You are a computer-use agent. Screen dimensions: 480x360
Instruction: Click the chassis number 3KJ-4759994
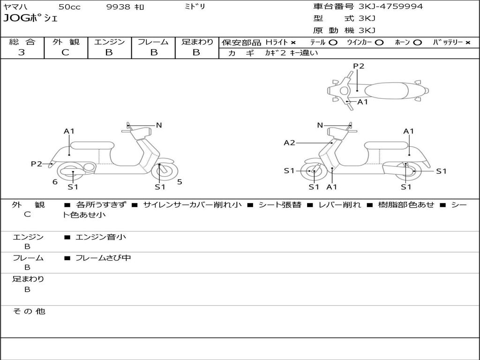point(390,7)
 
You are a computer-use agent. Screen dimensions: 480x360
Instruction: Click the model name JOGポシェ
point(30,18)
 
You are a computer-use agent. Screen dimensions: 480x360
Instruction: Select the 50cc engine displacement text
point(69,7)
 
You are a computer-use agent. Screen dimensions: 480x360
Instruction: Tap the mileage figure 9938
point(118,7)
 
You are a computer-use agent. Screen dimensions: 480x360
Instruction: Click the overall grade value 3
point(22,52)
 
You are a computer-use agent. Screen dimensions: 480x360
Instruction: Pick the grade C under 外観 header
point(65,52)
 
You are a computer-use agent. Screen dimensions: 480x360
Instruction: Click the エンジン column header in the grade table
point(109,42)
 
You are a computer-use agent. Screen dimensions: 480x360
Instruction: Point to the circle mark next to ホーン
point(417,43)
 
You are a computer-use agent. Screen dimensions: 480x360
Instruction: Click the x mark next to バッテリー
point(468,43)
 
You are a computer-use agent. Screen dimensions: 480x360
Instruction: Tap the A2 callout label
point(289,142)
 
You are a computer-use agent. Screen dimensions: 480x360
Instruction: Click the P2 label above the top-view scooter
point(359,66)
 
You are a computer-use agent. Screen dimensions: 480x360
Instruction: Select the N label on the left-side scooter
point(158,125)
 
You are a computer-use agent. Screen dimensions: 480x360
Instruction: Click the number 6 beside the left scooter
point(55,182)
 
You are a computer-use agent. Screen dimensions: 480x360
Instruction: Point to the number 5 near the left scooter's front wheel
point(180,182)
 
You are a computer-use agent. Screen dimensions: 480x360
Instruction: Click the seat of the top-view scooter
point(386,91)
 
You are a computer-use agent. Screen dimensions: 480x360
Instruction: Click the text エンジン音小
point(100,237)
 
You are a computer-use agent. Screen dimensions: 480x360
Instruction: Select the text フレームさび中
point(103,258)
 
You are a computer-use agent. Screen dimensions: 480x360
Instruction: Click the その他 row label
point(29,311)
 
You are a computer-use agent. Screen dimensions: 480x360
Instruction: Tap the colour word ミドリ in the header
point(195,7)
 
